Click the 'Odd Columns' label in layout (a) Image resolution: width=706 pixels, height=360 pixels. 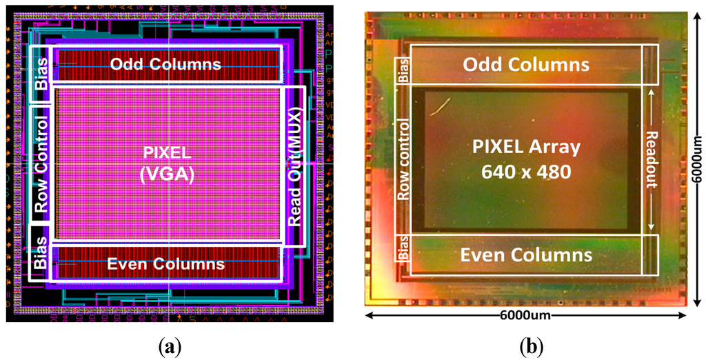166,64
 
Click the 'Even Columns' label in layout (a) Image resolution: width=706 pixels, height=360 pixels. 167,263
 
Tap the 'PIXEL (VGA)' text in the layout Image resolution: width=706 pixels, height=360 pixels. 166,166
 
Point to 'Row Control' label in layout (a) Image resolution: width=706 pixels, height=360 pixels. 41,165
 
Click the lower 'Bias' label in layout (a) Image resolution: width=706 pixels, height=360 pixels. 41,253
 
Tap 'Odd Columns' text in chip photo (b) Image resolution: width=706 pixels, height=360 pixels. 526,65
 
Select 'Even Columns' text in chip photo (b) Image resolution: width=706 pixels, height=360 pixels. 526,254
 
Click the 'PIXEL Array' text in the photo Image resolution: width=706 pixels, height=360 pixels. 526,147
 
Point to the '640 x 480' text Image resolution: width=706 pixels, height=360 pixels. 526,171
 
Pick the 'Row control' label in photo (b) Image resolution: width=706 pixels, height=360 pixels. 402,160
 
